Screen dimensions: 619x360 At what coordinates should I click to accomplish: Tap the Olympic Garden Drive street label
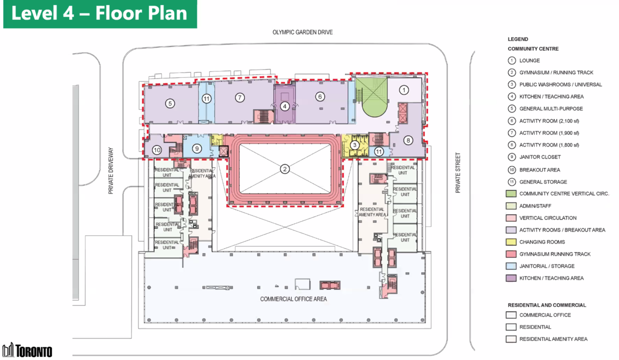[303, 32]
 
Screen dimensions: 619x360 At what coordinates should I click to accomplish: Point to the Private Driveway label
[111, 171]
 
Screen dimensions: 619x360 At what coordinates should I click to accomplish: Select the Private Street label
[458, 173]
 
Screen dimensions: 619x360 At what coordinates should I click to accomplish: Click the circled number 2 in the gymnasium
[285, 169]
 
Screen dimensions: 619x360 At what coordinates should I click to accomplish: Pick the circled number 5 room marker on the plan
[170, 103]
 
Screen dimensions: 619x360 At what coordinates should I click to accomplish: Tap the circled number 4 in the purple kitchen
[285, 106]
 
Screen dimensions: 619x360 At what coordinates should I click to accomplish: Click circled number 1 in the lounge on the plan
[404, 90]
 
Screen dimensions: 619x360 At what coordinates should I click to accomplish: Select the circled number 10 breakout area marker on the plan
[157, 150]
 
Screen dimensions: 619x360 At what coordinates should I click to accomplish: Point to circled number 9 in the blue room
[197, 149]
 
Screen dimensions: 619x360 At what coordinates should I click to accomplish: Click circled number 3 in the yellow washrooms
[354, 145]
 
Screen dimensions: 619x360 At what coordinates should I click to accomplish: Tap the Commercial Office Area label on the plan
[294, 299]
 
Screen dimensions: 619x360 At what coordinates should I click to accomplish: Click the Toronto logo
[27, 351]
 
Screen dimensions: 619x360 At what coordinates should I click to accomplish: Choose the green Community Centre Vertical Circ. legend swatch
[511, 193]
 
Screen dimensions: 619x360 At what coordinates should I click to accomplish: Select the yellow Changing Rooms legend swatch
[511, 242]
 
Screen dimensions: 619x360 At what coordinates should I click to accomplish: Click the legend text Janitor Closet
[540, 157]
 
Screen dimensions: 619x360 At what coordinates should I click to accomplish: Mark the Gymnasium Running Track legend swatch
[511, 254]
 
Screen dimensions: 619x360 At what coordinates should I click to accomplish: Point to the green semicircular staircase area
[374, 105]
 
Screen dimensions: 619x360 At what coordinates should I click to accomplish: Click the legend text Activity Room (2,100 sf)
[549, 121]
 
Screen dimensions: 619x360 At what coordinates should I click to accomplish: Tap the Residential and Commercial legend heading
[547, 305]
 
